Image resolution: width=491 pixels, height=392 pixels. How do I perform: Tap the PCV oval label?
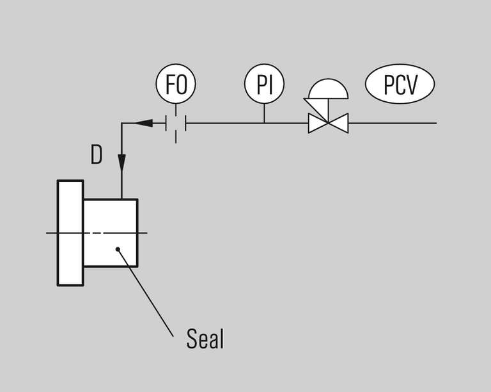click(x=400, y=85)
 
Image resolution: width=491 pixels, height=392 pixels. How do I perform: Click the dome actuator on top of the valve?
click(x=328, y=90)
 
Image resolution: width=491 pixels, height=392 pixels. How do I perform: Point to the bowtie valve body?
click(x=328, y=122)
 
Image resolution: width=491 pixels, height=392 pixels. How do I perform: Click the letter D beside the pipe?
click(x=96, y=155)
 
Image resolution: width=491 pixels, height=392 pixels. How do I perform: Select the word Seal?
click(x=205, y=338)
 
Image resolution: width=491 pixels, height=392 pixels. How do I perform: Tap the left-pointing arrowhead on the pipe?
click(x=144, y=122)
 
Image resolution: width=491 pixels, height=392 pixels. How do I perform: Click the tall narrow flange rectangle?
click(x=70, y=233)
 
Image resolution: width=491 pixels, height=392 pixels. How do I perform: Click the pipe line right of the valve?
click(x=393, y=122)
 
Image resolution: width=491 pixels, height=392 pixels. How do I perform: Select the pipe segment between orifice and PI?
click(x=224, y=122)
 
